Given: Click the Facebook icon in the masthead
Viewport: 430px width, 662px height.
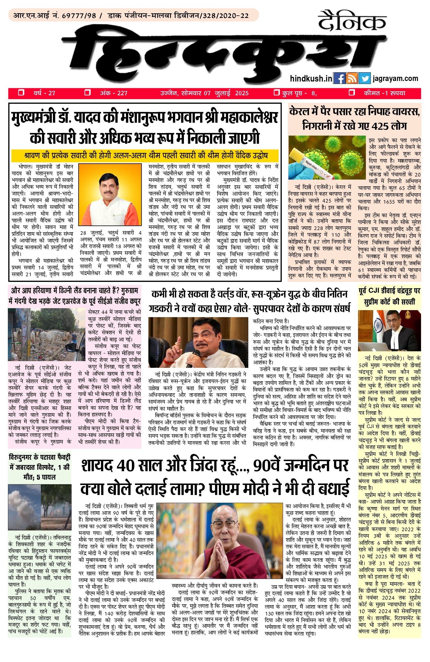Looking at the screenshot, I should [x=339, y=78].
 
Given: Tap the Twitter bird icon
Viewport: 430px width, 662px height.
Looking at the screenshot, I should [x=364, y=78].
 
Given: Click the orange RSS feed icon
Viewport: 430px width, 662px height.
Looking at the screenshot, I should [x=352, y=78].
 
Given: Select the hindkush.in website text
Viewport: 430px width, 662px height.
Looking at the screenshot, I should [x=311, y=78].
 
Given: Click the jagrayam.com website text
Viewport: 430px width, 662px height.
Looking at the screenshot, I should [x=395, y=78].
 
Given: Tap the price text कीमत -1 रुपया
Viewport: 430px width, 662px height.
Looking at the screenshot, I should [x=384, y=93].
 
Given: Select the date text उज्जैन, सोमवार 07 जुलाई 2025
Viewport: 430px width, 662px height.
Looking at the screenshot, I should [x=204, y=93].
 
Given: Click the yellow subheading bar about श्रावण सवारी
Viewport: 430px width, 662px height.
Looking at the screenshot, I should [x=145, y=155].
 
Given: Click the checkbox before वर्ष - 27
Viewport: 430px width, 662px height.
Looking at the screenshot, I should [x=21, y=93].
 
